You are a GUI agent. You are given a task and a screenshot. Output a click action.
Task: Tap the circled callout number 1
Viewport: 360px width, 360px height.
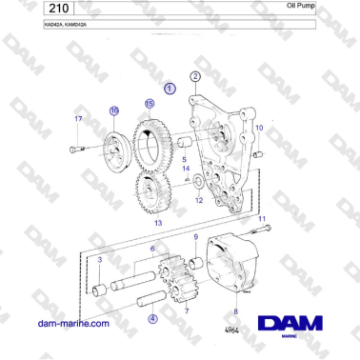(x=170, y=88)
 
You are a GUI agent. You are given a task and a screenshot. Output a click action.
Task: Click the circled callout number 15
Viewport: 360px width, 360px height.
(x=149, y=103)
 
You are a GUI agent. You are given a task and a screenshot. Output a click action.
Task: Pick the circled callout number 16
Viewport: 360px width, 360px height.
(x=114, y=111)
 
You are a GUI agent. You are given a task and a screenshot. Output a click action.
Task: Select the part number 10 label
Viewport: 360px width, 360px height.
(x=257, y=127)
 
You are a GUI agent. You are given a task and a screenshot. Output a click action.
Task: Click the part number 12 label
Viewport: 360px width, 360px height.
(x=198, y=202)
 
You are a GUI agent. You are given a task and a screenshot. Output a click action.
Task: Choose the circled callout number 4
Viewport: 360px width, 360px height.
(x=153, y=320)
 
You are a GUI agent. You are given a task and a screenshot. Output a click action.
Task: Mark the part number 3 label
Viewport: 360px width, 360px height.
(x=99, y=258)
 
